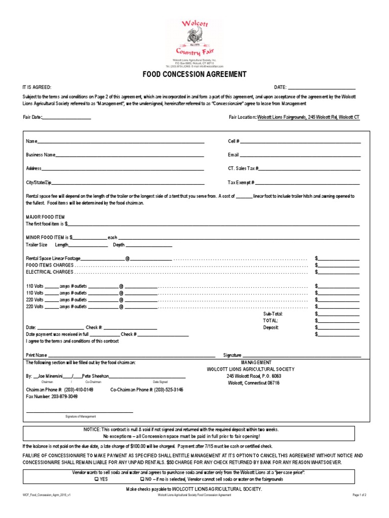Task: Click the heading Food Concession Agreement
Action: coord(194,74)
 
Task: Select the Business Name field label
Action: coord(41,155)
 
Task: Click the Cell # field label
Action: coord(234,142)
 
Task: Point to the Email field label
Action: coord(233,155)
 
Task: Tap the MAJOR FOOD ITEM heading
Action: coord(45,217)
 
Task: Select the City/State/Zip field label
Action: coord(38,182)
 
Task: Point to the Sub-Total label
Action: coord(273,314)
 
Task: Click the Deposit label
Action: coord(271,327)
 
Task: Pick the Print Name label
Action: coord(36,355)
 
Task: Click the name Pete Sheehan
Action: coord(95,376)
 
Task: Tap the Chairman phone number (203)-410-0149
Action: coord(79,390)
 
